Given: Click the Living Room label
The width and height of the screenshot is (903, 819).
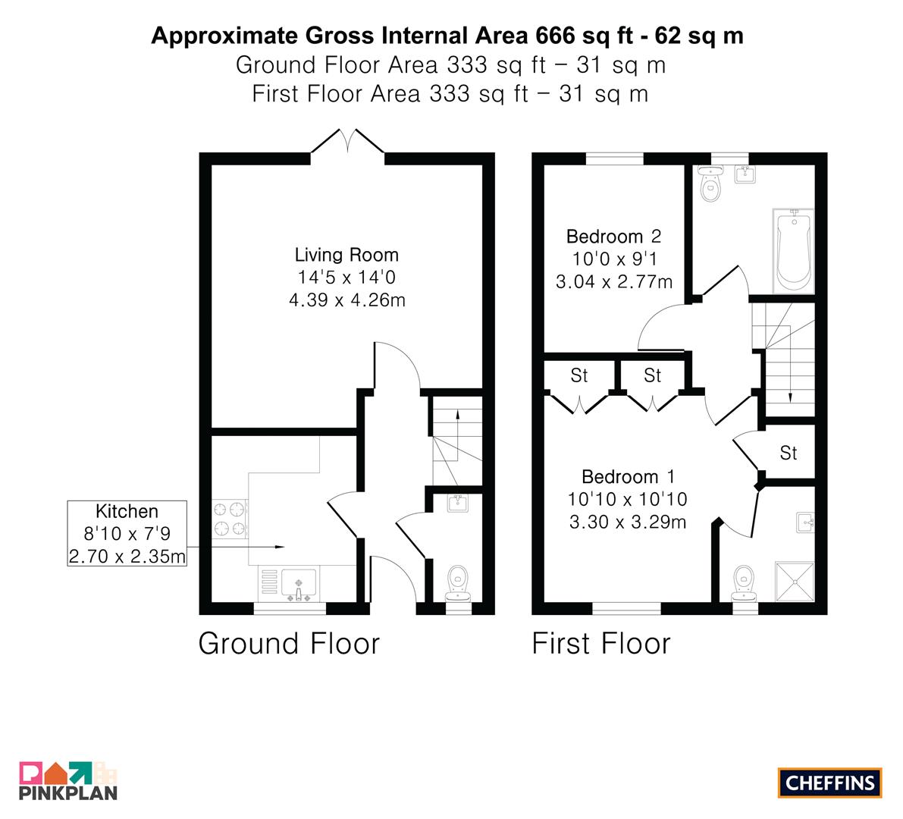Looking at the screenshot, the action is pos(346,255).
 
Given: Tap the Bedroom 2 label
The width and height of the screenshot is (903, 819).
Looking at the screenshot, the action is pos(614,236).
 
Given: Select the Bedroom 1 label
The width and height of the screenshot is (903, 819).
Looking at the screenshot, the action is pos(628,476).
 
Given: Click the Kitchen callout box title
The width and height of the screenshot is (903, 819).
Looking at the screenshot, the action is pos(127,511).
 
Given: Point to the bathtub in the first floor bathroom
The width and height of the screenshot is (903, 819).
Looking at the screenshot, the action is pos(793,251).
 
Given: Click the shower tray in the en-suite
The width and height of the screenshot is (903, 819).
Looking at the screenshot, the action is pos(795,582).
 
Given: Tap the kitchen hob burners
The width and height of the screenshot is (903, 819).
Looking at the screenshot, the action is pos(229,519).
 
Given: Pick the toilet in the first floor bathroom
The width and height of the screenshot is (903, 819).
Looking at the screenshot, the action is pos(710,184).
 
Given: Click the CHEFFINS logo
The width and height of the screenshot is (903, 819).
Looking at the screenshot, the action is pos(830,783).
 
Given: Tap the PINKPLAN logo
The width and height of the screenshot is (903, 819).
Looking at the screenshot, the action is pos(68,781).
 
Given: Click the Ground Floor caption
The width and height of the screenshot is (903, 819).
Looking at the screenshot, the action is pos(289,643).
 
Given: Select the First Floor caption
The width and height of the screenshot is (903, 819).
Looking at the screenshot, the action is pos(601,643).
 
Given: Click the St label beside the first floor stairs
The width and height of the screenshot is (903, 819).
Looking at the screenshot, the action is pos(789,453).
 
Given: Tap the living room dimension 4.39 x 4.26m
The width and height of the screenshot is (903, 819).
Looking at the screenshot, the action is pos(347,300).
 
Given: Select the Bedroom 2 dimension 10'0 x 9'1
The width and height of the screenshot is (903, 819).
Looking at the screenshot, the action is pos(614,259).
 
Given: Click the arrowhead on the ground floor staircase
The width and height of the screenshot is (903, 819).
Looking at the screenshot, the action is pos(458,413).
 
